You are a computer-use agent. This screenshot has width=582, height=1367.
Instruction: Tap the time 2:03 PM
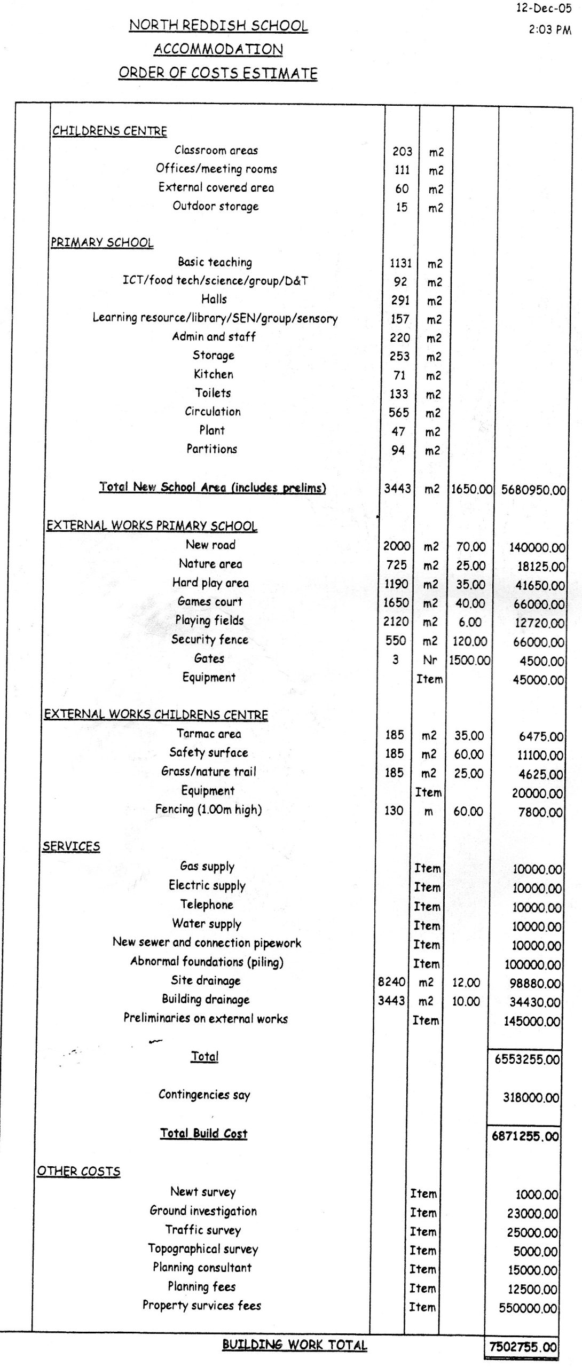click(x=549, y=30)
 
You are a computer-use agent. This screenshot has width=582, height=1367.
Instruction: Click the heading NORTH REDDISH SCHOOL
click(x=218, y=26)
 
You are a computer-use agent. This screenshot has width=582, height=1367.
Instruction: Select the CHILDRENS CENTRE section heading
click(x=109, y=131)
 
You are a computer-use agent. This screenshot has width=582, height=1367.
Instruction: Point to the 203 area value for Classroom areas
click(x=402, y=152)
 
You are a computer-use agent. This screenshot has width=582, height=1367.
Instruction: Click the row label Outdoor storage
click(x=215, y=206)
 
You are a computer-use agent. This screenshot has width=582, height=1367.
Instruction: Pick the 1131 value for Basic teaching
click(x=400, y=263)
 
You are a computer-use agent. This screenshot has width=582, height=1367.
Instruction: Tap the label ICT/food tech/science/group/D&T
click(x=215, y=281)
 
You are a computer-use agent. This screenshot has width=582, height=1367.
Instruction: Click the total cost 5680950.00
click(x=533, y=490)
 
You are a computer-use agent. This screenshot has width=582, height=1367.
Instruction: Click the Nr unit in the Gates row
click(x=430, y=660)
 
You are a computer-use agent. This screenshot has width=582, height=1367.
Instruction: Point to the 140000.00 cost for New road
click(x=537, y=547)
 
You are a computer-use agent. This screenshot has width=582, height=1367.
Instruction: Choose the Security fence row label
click(x=209, y=639)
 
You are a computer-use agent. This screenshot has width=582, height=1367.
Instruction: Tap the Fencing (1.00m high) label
click(x=208, y=810)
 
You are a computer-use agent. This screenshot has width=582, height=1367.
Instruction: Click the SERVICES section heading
click(x=71, y=846)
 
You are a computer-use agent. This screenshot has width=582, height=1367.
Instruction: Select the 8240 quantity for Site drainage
click(x=391, y=981)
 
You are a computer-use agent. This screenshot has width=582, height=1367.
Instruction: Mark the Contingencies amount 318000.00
click(x=531, y=1098)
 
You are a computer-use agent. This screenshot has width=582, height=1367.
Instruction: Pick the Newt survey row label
click(x=203, y=1192)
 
